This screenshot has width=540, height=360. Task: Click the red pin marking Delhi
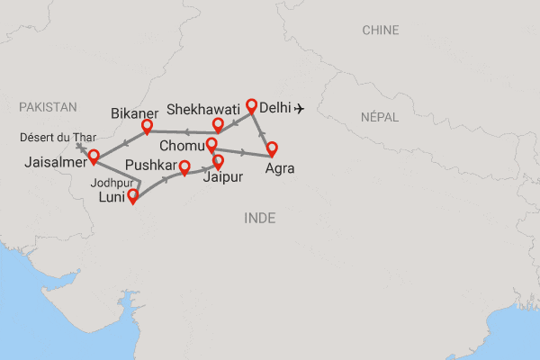pos(252,105)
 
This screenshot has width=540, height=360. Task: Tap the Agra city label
pos(280,167)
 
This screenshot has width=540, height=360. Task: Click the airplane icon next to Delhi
pos(299,110)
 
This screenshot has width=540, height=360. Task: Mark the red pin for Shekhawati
pos(217,124)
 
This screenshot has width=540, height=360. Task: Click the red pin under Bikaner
pos(148,127)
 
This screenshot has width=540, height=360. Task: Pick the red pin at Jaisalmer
pos(94,157)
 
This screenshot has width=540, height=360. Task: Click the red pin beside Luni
pos(133,196)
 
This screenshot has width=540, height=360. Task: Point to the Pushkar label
pos(149,166)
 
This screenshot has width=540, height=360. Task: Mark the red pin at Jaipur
pos(217,162)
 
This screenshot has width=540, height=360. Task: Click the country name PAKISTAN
pos(48,107)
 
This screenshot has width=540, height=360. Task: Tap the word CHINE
pos(381,31)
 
